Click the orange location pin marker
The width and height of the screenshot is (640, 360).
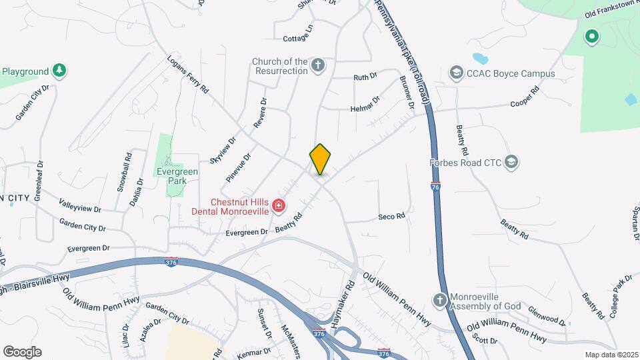[x=320, y=159]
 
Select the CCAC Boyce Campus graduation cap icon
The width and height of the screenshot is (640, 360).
[x=456, y=73]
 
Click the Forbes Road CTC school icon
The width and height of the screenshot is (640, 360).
[x=511, y=161]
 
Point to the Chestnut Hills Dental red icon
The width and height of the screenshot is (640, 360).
[x=279, y=207]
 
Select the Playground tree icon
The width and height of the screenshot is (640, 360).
[x=59, y=71]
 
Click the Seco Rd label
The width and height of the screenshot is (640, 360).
[x=391, y=217]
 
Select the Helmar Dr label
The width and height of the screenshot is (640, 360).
[x=365, y=104]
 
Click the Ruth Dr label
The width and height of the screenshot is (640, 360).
[x=365, y=77]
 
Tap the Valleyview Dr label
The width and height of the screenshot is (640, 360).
[x=79, y=209]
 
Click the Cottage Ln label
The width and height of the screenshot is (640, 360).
[x=297, y=39]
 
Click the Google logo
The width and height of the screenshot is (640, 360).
[x=22, y=352]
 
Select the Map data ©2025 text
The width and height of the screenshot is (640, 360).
[x=610, y=355]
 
